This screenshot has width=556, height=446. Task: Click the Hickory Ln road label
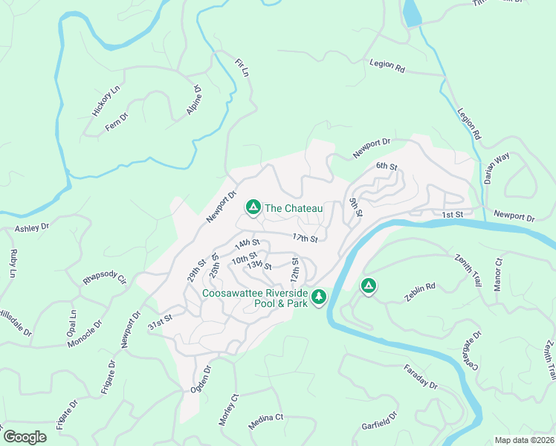click(x=106, y=101)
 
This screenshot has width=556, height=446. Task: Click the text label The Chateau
click(x=294, y=209)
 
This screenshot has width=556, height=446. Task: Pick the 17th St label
click(x=305, y=239)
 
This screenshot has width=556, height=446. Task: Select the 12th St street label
click(x=295, y=270)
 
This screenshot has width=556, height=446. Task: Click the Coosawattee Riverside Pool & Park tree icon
click(x=319, y=297)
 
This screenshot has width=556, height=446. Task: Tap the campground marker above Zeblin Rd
click(x=368, y=285)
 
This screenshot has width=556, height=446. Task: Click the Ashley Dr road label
click(x=31, y=227)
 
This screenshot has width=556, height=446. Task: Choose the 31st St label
click(x=160, y=320)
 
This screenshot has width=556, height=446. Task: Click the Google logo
click(x=25, y=437)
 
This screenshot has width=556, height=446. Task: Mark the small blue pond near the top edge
click(x=411, y=13)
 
